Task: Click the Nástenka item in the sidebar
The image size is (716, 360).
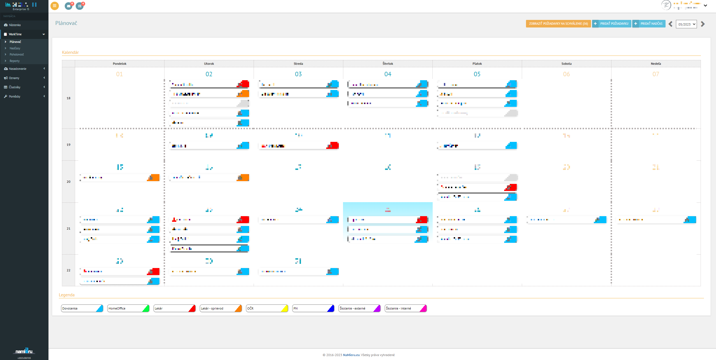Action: (15, 25)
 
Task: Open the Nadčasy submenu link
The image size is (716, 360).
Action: (15, 48)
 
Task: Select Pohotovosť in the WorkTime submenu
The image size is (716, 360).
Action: (17, 54)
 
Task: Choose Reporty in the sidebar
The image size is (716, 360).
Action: (15, 61)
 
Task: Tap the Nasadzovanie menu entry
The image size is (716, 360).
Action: (18, 69)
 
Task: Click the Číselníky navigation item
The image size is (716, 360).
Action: (15, 87)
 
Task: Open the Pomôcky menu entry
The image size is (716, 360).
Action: (15, 96)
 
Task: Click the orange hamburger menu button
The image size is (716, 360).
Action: (55, 6)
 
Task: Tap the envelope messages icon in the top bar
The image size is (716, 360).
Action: (69, 6)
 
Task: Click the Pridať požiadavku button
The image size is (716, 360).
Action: (611, 24)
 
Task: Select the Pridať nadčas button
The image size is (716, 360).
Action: (649, 24)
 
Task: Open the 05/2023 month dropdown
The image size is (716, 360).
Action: (686, 24)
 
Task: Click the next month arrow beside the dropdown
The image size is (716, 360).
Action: (703, 24)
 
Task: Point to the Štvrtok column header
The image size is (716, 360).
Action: (388, 64)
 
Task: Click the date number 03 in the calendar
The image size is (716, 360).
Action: (298, 74)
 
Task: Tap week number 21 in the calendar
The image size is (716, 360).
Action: (68, 229)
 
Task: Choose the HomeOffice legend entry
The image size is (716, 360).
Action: (128, 308)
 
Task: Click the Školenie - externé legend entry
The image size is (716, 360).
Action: (359, 308)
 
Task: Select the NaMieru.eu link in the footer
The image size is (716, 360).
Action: (351, 355)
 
